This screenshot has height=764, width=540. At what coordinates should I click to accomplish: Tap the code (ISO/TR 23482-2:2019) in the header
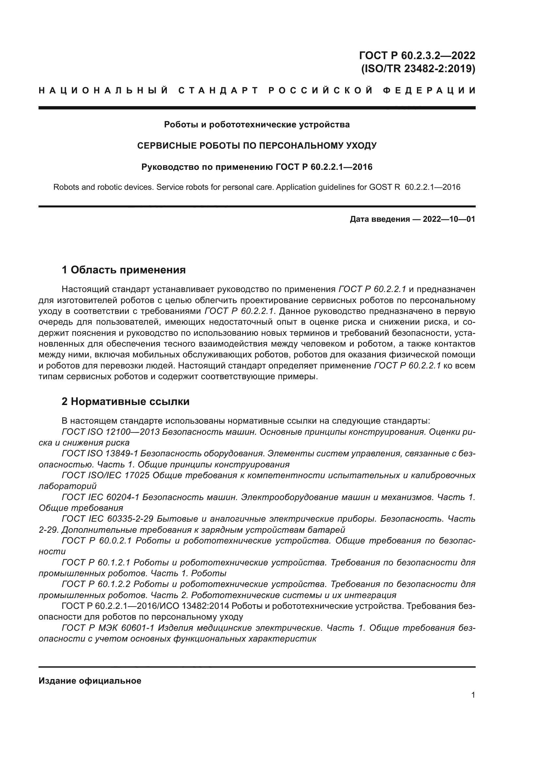click(418, 69)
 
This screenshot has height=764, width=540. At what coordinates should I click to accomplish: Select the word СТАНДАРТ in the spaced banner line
click(218, 90)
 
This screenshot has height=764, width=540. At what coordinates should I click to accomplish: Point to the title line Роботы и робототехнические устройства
click(257, 125)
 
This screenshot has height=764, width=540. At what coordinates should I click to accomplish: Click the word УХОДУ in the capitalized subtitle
click(361, 146)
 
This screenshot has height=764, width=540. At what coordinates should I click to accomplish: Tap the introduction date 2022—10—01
click(449, 219)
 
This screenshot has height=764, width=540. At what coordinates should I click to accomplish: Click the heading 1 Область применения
click(123, 270)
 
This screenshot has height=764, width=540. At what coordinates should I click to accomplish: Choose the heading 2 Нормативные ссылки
click(125, 402)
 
